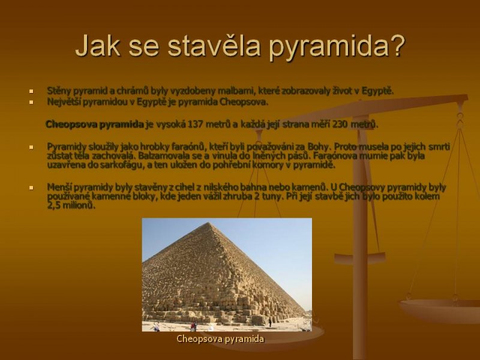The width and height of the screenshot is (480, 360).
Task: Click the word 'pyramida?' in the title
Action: [337, 47]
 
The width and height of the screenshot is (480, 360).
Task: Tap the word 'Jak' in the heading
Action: [98, 46]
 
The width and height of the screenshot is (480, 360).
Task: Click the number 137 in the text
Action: [194, 124]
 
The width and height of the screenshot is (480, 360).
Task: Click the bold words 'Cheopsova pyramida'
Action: [95, 124]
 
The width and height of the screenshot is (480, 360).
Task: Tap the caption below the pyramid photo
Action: [220, 339]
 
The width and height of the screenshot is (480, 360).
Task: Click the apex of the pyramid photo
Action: [209, 223]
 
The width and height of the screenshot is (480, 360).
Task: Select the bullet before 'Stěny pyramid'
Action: [31, 91]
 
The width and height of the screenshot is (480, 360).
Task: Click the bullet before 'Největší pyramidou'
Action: [31, 102]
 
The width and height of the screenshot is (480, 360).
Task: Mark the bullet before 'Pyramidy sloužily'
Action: [31, 147]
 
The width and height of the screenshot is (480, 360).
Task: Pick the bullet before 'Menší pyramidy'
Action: [31, 188]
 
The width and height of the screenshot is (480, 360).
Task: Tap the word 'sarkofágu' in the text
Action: [122, 166]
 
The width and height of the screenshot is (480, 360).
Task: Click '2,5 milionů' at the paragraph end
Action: [71, 205]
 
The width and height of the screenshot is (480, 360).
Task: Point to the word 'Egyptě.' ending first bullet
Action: [378, 91]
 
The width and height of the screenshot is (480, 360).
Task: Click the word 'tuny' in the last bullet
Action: [272, 197]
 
